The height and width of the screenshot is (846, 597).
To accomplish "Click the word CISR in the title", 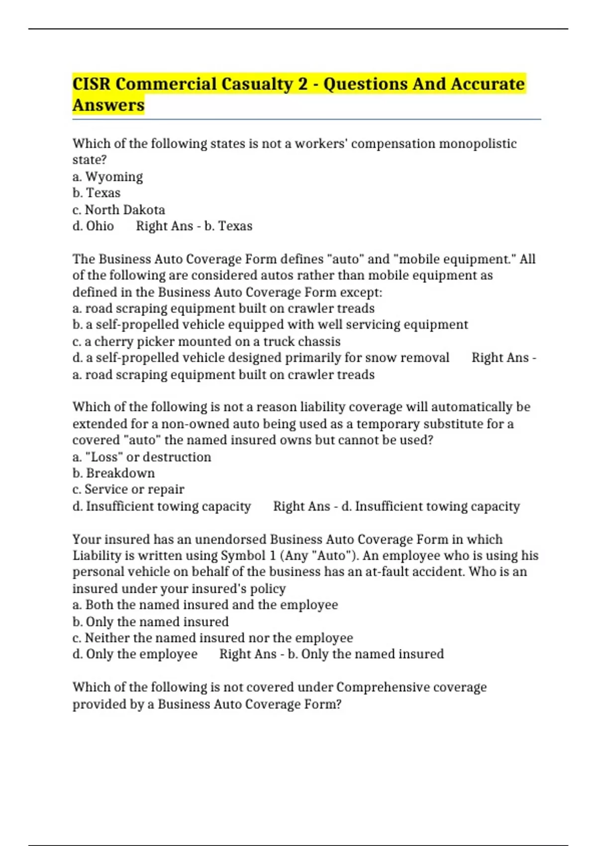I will (92, 84).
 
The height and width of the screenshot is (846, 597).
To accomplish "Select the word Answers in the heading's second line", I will (108, 105).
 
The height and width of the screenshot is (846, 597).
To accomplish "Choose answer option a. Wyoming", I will (107, 177).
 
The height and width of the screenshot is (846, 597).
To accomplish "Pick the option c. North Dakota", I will (118, 210).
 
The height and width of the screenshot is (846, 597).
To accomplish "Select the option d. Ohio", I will (93, 226).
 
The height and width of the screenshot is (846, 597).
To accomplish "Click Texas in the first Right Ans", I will (235, 226).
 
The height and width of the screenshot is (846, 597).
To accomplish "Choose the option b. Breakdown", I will (113, 473).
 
